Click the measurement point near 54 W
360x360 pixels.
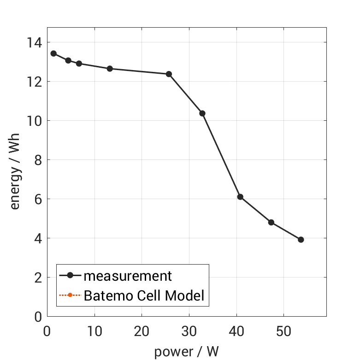(x=301, y=240)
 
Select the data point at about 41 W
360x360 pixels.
(x=240, y=197)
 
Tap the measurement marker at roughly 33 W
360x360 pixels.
(x=202, y=113)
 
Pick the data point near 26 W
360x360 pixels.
(x=169, y=74)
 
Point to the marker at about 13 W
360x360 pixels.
(x=110, y=69)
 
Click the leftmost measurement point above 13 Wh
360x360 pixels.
(x=53, y=53)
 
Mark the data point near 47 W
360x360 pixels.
(x=271, y=223)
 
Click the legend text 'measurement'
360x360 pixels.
(x=128, y=276)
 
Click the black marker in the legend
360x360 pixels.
(x=70, y=276)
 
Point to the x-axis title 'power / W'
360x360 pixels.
(x=186, y=352)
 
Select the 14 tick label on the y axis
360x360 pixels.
(x=33, y=42)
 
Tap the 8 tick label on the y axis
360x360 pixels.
(x=37, y=160)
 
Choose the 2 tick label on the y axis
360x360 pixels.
(x=37, y=277)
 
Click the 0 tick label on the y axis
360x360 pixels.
(x=37, y=317)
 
